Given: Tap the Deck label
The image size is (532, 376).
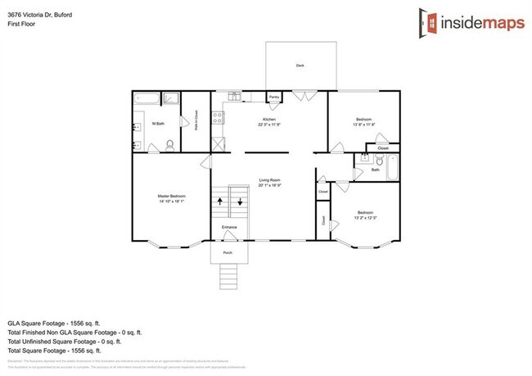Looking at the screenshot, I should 300,66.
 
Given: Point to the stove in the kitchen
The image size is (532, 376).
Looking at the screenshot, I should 219,119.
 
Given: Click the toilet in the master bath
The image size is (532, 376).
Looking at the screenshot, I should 169,145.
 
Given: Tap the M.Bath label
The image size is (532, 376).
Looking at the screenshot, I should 159,124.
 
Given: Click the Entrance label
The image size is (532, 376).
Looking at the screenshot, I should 230,227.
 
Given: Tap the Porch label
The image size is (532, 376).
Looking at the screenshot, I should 228,252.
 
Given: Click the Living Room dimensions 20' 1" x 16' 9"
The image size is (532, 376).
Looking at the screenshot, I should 270,186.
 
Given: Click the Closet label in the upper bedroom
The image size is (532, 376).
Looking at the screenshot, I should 383,148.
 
